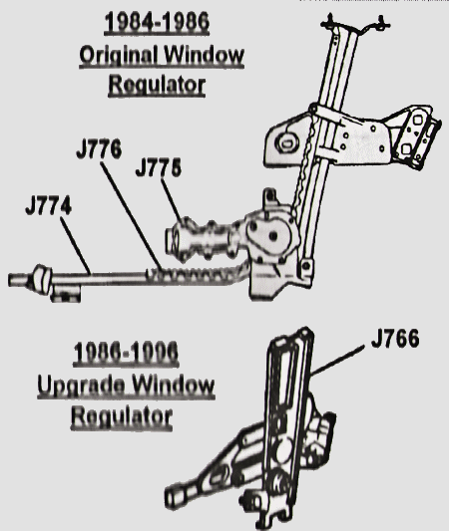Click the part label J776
tap(99, 149)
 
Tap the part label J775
tap(159, 168)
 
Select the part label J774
tap(49, 206)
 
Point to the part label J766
tap(395, 339)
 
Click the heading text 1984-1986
tap(157, 22)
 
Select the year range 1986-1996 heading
tap(126, 353)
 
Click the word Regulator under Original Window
tap(157, 85)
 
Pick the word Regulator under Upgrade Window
tap(122, 416)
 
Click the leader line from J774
tap(76, 245)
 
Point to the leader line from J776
tap(131, 215)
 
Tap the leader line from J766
tap(338, 361)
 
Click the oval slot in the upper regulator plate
tap(287, 142)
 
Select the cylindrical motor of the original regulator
tap(201, 239)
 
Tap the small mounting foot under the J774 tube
tap(66, 293)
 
